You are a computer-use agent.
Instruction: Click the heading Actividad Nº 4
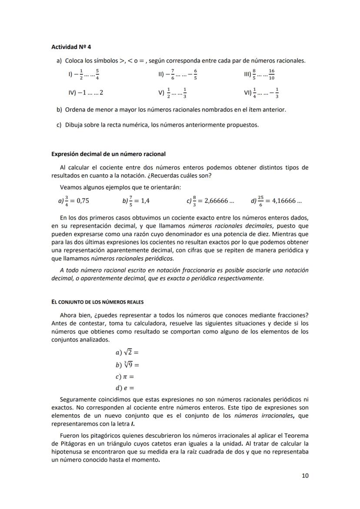point(71,47)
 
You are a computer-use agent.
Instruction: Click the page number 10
point(305,476)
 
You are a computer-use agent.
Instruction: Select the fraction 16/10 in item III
point(272,75)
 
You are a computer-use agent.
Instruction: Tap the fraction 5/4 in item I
point(97,75)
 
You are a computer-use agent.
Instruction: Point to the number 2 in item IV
point(101,93)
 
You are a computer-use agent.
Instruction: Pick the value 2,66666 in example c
point(216,201)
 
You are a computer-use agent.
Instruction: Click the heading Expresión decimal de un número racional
point(108,154)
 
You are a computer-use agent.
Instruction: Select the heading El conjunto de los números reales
point(97,302)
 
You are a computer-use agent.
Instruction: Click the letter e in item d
point(124,388)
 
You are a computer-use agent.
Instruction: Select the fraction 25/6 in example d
point(260,201)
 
